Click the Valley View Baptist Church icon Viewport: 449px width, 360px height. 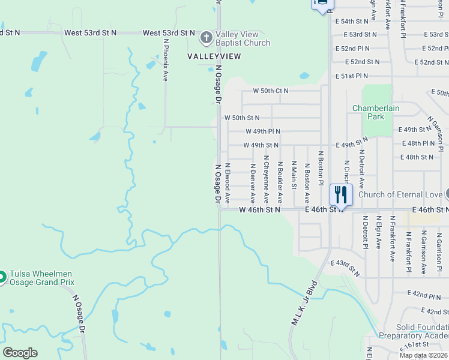[x=206, y=38]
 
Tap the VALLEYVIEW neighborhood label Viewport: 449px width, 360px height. [x=214, y=56]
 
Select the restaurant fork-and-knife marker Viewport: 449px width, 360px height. [x=341, y=194]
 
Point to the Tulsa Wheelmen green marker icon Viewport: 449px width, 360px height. [x=2, y=277]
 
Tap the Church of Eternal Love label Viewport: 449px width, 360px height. [x=400, y=194]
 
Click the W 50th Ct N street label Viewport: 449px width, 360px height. [x=270, y=91]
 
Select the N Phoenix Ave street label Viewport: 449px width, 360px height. [x=165, y=61]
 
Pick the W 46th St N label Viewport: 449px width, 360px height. [x=259, y=210]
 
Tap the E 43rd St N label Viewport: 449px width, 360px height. [x=345, y=268]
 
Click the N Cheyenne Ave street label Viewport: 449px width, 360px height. [x=266, y=179]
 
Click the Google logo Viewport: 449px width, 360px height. [x=20, y=353]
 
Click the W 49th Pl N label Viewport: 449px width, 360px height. [x=262, y=131]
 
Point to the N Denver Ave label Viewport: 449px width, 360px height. [x=253, y=182]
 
